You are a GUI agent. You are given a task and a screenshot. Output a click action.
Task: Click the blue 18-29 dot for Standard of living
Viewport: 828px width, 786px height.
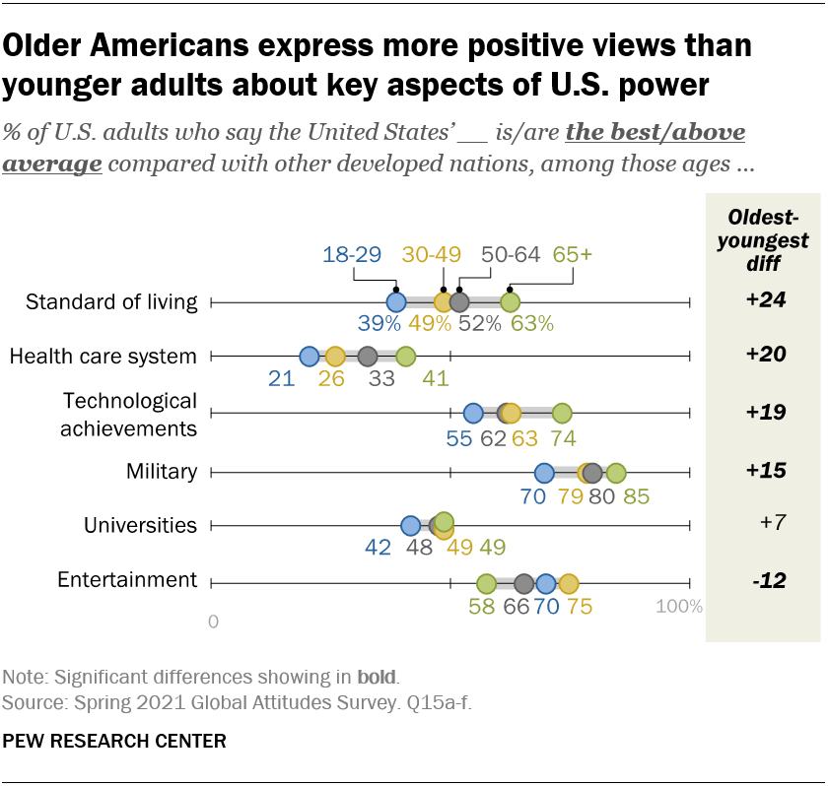395,302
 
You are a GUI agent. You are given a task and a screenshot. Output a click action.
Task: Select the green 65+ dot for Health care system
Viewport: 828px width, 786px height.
405,357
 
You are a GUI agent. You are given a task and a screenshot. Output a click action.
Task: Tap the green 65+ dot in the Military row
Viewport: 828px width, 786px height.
616,473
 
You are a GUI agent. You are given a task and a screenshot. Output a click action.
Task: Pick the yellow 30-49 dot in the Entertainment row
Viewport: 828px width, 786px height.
568,583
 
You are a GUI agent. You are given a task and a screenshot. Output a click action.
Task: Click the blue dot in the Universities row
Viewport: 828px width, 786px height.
411,526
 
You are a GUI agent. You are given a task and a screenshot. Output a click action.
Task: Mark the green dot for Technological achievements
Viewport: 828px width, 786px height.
562,413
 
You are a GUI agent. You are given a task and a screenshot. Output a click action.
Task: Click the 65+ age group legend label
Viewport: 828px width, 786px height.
572,254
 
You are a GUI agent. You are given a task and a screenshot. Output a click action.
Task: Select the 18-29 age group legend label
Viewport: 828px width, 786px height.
352,254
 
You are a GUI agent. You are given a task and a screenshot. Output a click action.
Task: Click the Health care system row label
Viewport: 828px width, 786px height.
103,357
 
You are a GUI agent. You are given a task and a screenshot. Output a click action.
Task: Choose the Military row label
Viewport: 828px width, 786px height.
162,473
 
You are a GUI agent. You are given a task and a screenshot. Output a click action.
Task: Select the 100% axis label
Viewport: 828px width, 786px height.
679,606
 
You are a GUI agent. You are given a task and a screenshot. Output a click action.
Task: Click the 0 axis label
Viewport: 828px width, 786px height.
213,622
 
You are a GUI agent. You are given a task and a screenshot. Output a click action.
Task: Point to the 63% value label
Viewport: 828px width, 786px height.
531,324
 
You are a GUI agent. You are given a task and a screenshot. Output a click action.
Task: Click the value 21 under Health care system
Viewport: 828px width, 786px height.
282,379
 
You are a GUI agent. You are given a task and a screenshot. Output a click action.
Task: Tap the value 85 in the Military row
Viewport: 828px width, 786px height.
636,496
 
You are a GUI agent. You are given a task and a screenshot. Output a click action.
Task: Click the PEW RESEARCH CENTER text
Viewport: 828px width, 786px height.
114,740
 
